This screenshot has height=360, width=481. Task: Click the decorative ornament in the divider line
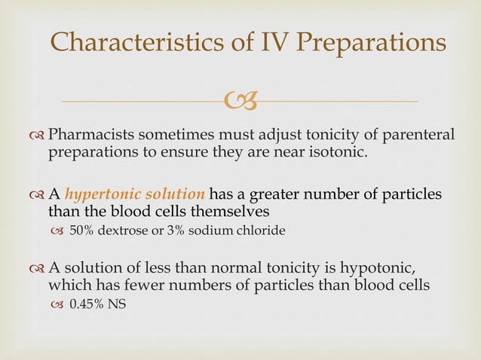click(x=240, y=99)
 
